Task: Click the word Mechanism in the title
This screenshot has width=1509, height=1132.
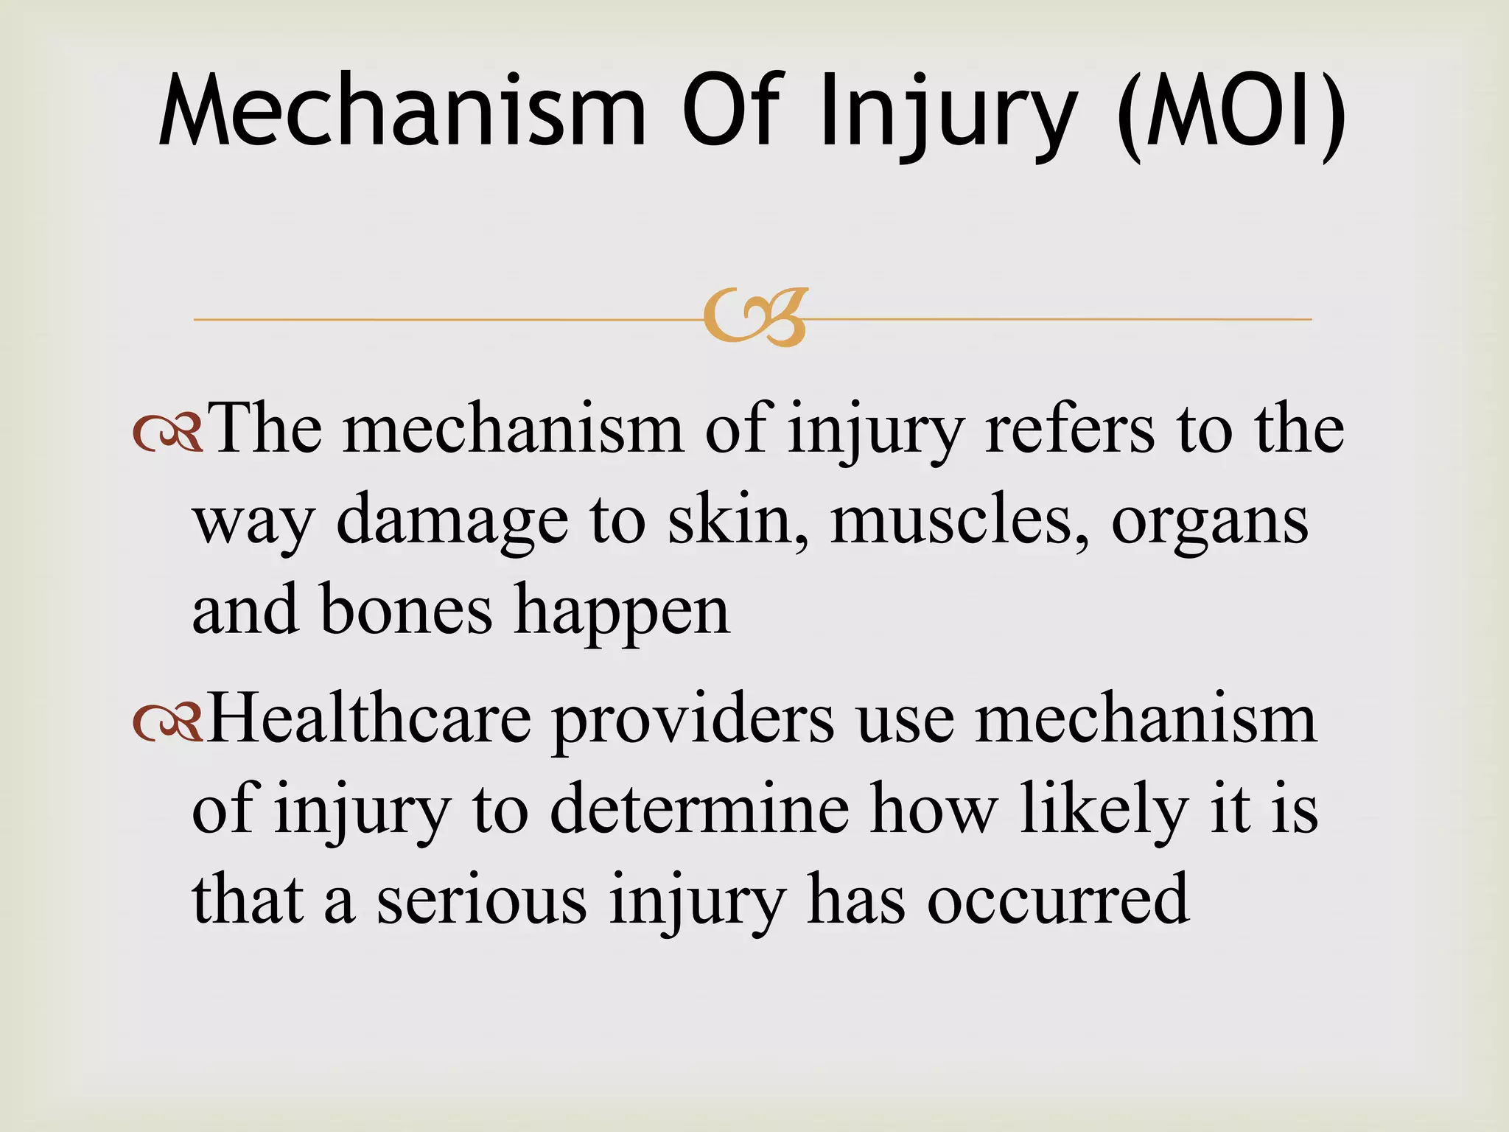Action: point(402,111)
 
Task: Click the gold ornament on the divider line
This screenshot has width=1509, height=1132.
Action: point(755,318)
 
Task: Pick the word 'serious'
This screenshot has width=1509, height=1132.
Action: point(482,899)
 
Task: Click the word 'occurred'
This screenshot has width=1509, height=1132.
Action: point(1057,899)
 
